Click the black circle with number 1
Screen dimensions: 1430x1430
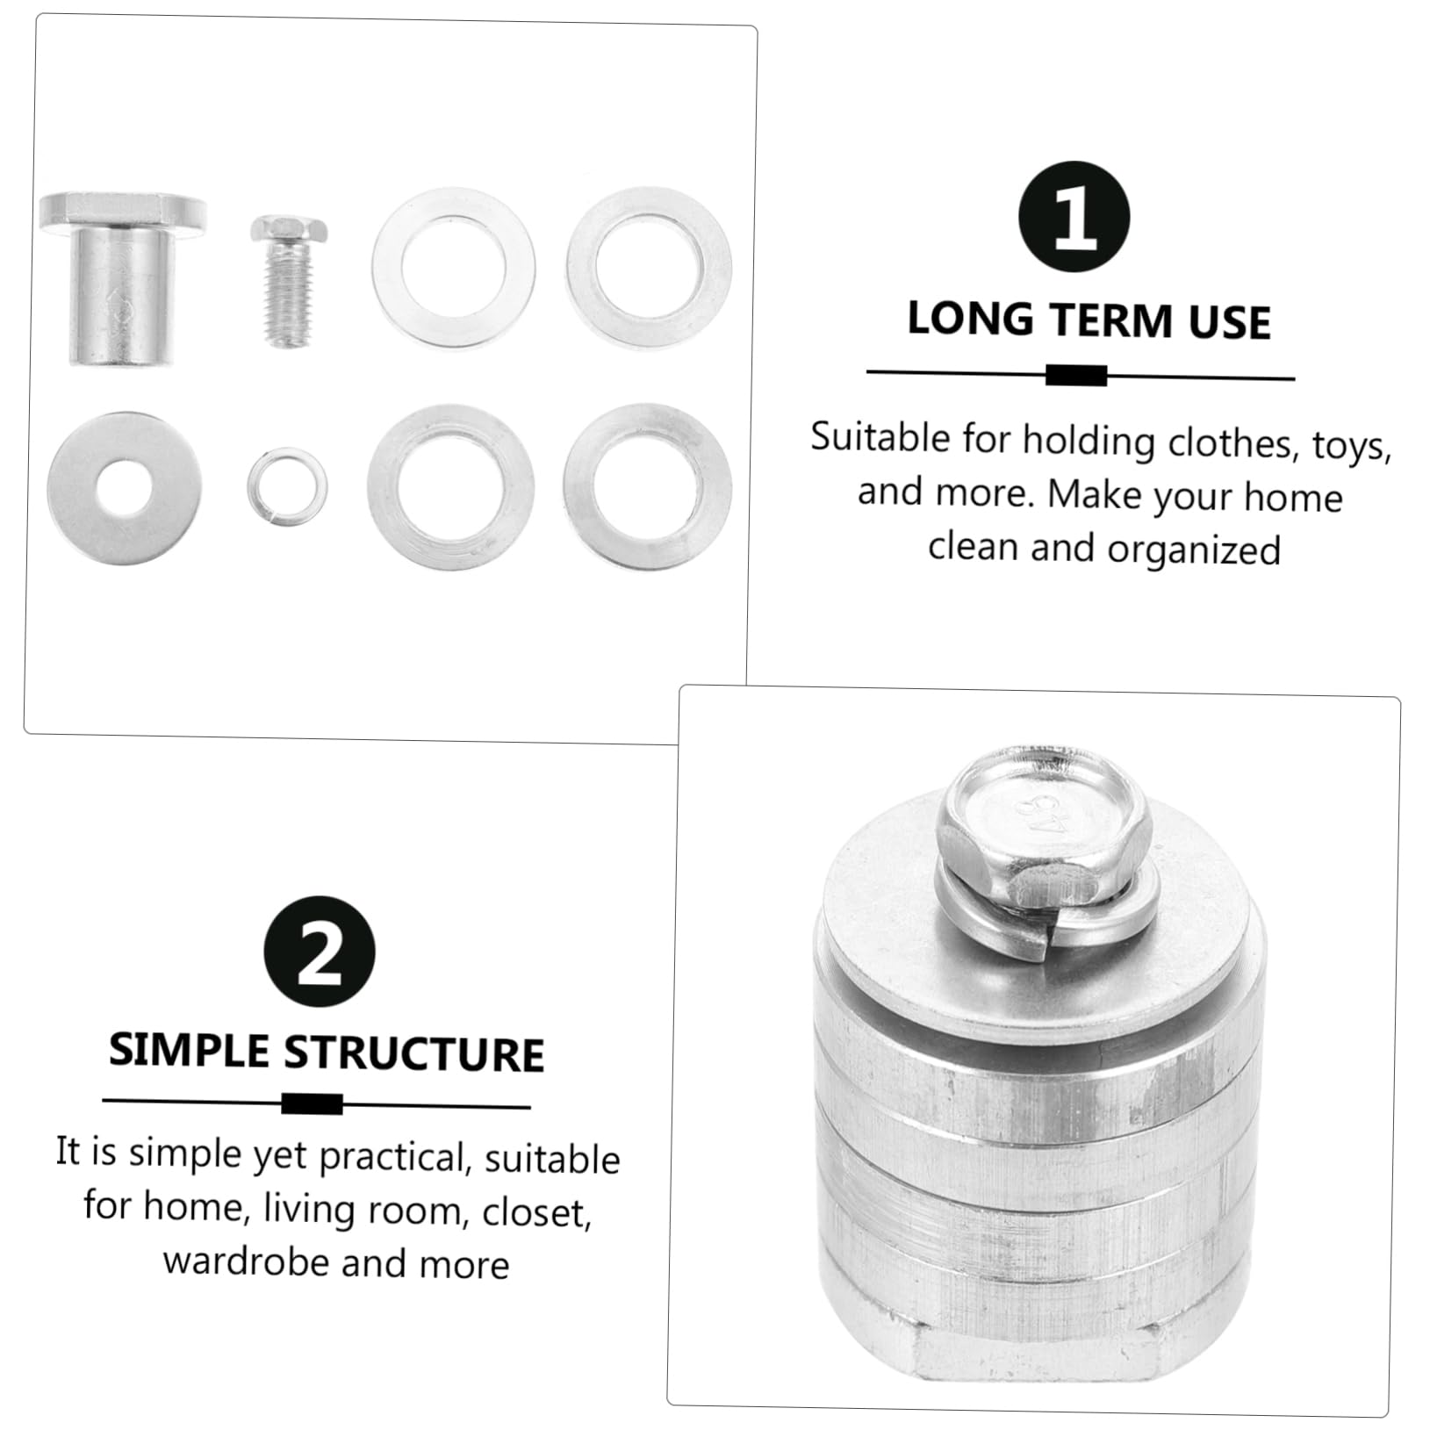[1074, 217]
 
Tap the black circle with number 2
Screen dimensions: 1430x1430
[319, 952]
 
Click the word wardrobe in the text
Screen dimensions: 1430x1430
[245, 1261]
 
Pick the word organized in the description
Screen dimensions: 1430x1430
[1193, 550]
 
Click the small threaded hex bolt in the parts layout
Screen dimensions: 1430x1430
[289, 280]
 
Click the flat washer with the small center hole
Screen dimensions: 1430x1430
[124, 488]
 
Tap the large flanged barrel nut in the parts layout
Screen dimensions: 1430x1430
[123, 278]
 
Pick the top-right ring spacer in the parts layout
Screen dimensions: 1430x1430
[649, 266]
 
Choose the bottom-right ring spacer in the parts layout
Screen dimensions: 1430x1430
[648, 485]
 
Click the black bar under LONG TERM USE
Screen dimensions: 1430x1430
[1076, 376]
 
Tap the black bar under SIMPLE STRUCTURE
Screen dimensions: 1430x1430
[312, 1103]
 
